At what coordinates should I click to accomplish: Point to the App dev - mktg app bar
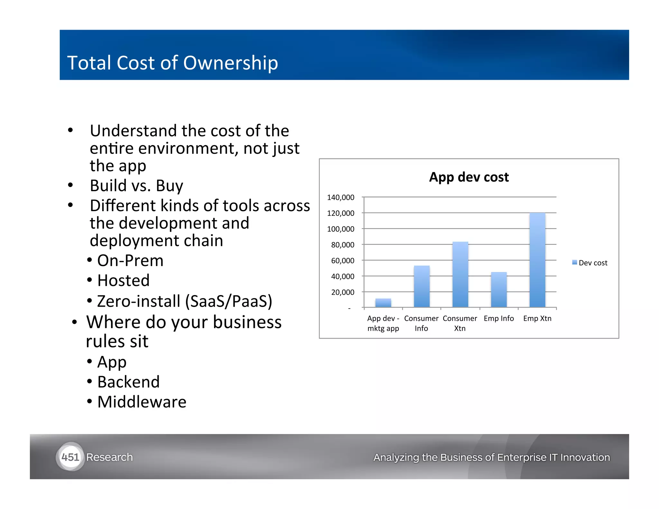(383, 303)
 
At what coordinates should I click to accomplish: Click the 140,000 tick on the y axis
(340, 197)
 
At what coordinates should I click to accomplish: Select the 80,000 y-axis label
(342, 245)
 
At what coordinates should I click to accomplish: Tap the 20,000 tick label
(342, 292)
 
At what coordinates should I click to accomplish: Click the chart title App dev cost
(469, 177)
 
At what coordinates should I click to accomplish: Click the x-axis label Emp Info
(499, 318)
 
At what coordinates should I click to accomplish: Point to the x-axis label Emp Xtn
(537, 318)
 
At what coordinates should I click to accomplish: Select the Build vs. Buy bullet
(136, 186)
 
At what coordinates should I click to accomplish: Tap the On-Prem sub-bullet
(130, 260)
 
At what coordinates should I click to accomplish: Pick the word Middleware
(142, 402)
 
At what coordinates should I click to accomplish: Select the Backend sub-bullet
(128, 382)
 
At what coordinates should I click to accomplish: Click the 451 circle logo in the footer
(70, 457)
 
